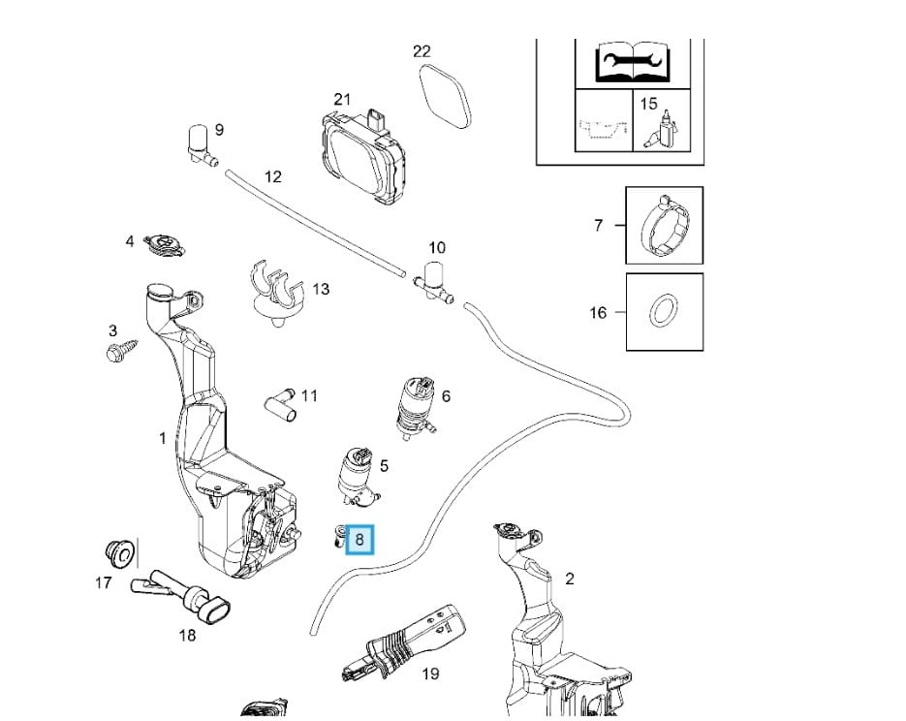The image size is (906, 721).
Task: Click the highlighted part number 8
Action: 360,539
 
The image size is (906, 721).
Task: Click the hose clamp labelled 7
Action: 664,225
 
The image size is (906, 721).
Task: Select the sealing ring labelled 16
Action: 664,312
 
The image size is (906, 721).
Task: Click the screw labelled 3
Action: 120,350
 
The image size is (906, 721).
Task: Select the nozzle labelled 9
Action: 200,143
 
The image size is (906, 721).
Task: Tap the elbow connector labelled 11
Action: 281,401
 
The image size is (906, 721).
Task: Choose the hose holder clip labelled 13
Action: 276,287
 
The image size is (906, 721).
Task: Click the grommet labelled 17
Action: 116,554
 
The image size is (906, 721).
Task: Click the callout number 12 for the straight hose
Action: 273,176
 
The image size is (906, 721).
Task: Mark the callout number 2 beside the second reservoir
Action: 570,579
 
